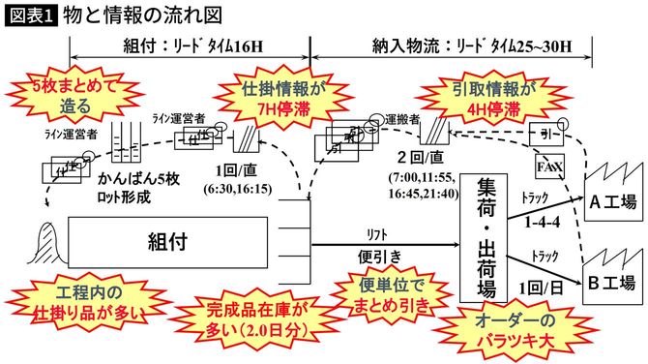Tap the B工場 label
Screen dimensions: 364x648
(612, 283)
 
